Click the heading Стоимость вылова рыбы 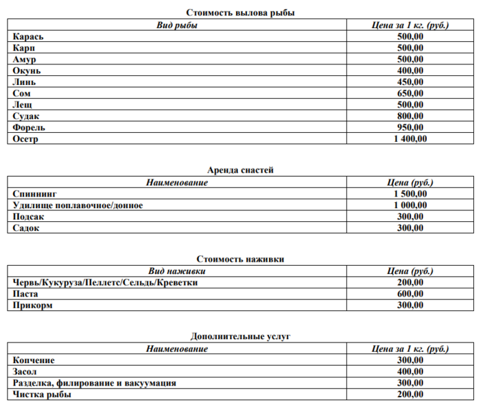241,13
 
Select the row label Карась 27,36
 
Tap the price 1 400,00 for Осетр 410,139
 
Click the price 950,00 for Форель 410,127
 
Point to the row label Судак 26,116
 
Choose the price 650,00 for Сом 410,93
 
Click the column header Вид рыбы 177,25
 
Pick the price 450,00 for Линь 410,82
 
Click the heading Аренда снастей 241,170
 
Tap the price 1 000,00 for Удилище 410,206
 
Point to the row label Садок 26,228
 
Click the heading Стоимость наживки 241,259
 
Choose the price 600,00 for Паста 410,294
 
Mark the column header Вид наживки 177,271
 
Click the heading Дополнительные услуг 241,336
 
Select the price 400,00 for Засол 410,371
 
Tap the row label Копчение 34,360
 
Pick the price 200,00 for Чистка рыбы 410,395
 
